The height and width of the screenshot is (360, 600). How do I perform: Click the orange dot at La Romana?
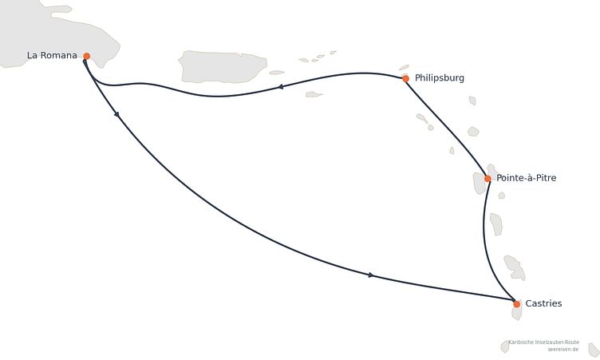click(x=86, y=57)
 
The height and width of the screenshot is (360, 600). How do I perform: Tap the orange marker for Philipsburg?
click(x=405, y=79)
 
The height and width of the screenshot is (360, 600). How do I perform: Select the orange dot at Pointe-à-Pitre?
click(x=487, y=179)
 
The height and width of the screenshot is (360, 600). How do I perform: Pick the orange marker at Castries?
click(x=516, y=304)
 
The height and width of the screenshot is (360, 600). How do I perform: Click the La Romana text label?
click(x=52, y=56)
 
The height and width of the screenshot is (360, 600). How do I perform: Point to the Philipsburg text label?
click(x=440, y=78)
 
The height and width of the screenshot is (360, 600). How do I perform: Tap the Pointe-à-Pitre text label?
click(x=526, y=178)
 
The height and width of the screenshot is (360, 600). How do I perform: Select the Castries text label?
click(x=543, y=303)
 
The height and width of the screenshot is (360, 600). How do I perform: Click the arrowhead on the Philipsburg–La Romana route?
click(x=281, y=87)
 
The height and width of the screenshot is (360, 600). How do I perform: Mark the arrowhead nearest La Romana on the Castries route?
click(x=116, y=114)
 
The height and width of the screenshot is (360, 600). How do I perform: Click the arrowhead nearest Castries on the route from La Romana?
click(x=371, y=275)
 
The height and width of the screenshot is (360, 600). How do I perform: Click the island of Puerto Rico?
click(x=223, y=66)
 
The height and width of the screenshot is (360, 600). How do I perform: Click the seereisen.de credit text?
click(x=562, y=350)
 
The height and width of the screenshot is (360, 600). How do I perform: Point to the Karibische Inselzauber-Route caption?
click(x=544, y=342)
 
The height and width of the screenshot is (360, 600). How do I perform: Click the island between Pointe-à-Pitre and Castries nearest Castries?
click(x=515, y=267)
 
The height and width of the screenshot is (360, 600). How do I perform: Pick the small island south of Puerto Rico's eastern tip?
click(x=314, y=94)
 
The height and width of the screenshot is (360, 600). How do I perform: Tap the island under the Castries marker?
click(x=517, y=311)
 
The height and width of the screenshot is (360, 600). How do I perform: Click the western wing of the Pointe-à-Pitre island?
click(x=480, y=183)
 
